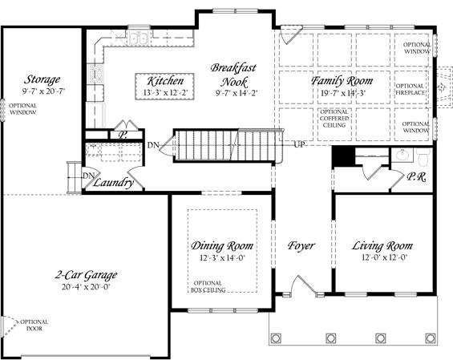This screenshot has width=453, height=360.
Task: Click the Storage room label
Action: coord(42,79)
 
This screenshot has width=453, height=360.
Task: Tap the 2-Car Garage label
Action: coord(86,275)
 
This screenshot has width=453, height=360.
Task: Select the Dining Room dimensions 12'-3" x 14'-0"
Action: coord(222,257)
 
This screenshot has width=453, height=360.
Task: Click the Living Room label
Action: coord(382,246)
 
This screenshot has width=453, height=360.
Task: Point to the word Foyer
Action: coord(301,246)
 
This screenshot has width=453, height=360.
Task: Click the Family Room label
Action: coord(342,81)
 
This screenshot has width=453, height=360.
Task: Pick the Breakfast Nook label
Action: coord(233,75)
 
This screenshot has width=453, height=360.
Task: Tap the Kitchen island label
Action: coord(165,81)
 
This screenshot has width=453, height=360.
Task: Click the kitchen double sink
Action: coord(138,38)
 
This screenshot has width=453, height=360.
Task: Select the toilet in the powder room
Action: coord(424,157)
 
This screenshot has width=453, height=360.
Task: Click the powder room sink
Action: coord(402,156)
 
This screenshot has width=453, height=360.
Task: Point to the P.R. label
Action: coord(416,177)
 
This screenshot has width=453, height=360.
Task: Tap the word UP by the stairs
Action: coord(299,144)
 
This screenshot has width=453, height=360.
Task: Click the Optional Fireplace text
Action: coord(411,89)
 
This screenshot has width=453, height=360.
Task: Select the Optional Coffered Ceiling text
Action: coord(334,119)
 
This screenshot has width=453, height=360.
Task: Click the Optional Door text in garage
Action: coord(34,325)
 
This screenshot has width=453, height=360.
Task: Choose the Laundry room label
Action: coord(113,183)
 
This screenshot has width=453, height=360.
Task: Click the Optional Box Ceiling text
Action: coord(208,286)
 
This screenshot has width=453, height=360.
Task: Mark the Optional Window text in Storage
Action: coord(22,109)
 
